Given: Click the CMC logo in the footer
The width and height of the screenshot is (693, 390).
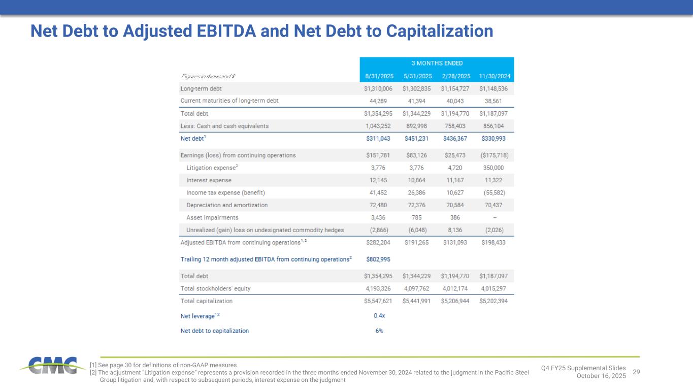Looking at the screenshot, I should tap(52, 365).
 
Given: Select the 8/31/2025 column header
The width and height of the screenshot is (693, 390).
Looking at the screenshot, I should tap(379, 76).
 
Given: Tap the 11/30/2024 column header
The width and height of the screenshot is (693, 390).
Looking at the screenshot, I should tap(495, 76).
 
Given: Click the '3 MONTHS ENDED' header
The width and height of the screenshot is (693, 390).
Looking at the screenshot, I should tap(437, 63).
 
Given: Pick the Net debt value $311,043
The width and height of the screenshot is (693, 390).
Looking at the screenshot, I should tap(379, 138).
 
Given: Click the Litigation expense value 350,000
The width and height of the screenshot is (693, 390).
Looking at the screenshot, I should tap(495, 167).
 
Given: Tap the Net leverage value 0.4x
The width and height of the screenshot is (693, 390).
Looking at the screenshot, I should tap(379, 316).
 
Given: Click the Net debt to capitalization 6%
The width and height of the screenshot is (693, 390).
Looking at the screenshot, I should tap(379, 331).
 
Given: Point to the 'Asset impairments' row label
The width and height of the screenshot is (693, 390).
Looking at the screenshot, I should tap(212, 218).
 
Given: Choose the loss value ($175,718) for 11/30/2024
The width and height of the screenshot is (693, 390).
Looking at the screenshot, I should tap(495, 155).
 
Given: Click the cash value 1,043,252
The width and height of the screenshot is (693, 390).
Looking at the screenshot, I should tap(379, 126).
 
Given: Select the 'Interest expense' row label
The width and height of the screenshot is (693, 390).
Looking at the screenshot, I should tap(209, 180).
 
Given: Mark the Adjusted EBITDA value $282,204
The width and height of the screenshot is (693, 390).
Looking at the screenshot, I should tap(379, 243).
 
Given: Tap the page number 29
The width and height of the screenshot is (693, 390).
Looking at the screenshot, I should tap(636, 372).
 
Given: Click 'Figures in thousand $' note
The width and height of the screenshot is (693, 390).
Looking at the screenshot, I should tap(208, 76).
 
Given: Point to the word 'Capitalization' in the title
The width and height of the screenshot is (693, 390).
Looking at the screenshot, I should tap(440, 31).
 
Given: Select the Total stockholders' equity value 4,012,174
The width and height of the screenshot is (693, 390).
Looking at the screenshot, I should tap(456, 288).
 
